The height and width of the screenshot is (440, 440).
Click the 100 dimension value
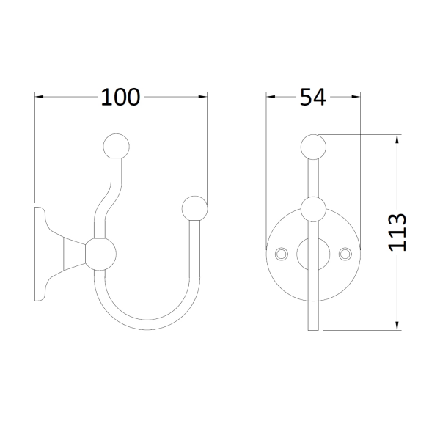click(120, 97)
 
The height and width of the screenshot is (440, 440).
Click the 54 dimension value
click(313, 97)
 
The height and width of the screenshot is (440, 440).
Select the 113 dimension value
click(397, 232)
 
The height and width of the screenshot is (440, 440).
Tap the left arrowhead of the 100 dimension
click(40, 97)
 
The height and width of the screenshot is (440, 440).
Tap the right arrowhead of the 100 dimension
click(202, 97)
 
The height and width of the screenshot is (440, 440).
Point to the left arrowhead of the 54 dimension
click(271, 97)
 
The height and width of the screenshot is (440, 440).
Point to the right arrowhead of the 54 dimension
click(356, 97)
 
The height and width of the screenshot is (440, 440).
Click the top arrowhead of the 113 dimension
click(397, 139)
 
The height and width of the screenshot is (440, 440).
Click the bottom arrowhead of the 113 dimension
click(397, 326)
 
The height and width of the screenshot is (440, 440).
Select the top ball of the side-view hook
click(116, 147)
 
